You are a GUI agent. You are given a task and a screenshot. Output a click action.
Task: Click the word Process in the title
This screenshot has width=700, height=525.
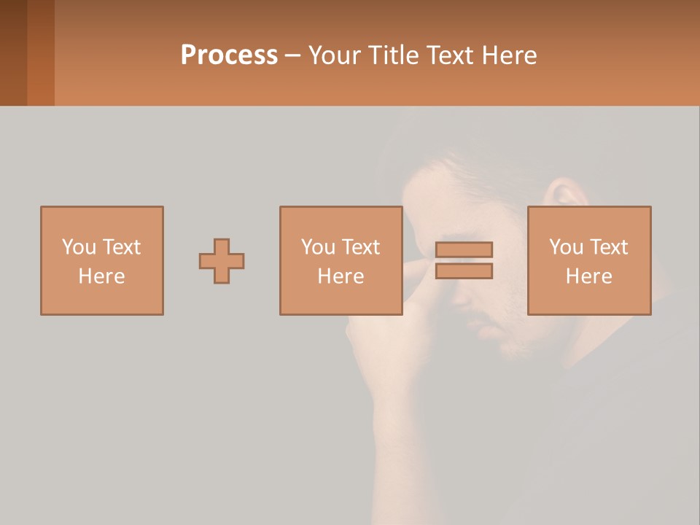229,55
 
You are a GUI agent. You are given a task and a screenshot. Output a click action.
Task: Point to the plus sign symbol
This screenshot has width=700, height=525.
222,261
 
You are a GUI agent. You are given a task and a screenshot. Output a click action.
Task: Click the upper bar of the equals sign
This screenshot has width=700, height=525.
464,249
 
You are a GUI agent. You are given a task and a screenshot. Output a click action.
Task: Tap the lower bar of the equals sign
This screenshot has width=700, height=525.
464,271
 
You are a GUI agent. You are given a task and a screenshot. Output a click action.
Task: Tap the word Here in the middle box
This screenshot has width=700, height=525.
341,276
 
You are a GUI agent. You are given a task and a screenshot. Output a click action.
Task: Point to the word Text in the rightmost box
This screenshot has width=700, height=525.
608,247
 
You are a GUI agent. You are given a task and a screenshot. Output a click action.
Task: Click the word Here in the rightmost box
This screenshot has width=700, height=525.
589,276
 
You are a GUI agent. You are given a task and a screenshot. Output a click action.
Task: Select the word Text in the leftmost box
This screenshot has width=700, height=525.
121,247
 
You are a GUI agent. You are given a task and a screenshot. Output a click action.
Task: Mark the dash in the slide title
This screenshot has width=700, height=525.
293,55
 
